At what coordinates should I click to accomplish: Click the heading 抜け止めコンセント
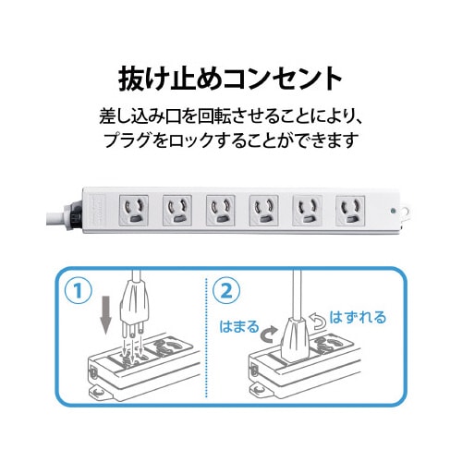coord(231,77)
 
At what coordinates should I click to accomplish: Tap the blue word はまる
coord(240,327)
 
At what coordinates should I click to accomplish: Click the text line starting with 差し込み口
coord(230,119)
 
